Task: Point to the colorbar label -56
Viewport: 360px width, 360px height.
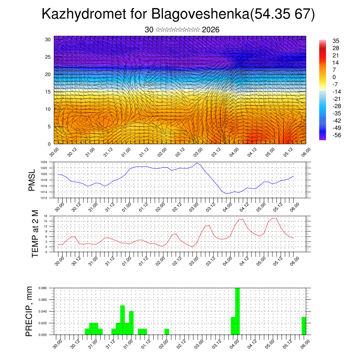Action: point(336,135)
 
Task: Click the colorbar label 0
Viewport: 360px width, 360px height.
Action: point(334,77)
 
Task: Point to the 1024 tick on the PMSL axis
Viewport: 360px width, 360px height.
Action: point(44,162)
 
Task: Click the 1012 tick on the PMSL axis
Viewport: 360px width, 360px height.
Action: point(44,198)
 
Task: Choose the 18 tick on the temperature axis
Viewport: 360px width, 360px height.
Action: point(46,216)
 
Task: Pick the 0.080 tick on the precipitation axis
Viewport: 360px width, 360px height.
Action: point(42,288)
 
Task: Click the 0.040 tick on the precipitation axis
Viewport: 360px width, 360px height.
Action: point(42,311)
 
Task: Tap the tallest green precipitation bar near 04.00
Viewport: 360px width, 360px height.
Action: point(237,311)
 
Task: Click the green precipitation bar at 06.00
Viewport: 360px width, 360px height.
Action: point(304,326)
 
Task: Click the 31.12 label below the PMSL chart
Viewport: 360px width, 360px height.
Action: point(110,205)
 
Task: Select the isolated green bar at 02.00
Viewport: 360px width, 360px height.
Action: point(167,332)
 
